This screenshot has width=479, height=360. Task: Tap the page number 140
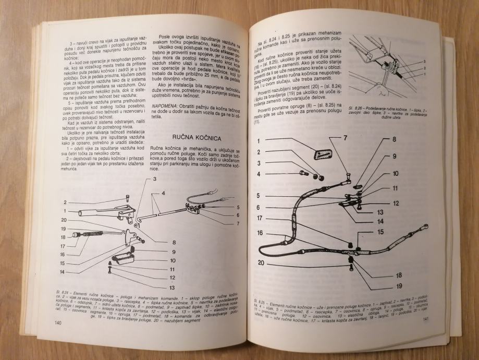[x=58, y=324]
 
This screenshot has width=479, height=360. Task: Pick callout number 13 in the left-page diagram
[x=172, y=287]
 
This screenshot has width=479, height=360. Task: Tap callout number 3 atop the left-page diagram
[x=155, y=179]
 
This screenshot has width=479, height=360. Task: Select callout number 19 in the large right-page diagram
[x=399, y=286]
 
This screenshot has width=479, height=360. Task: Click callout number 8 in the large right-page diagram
[x=394, y=139]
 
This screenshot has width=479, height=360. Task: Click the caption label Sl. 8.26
[x=359, y=103]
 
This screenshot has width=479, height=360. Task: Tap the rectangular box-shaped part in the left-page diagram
[x=123, y=257]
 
